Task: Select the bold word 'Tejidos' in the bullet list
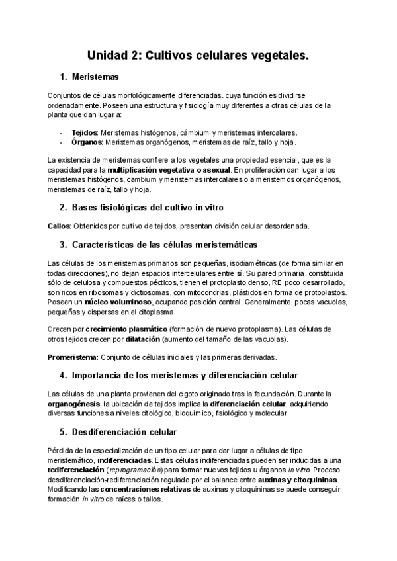pyautogui.click(x=84, y=132)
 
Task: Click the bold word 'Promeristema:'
pyautogui.click(x=73, y=357)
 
